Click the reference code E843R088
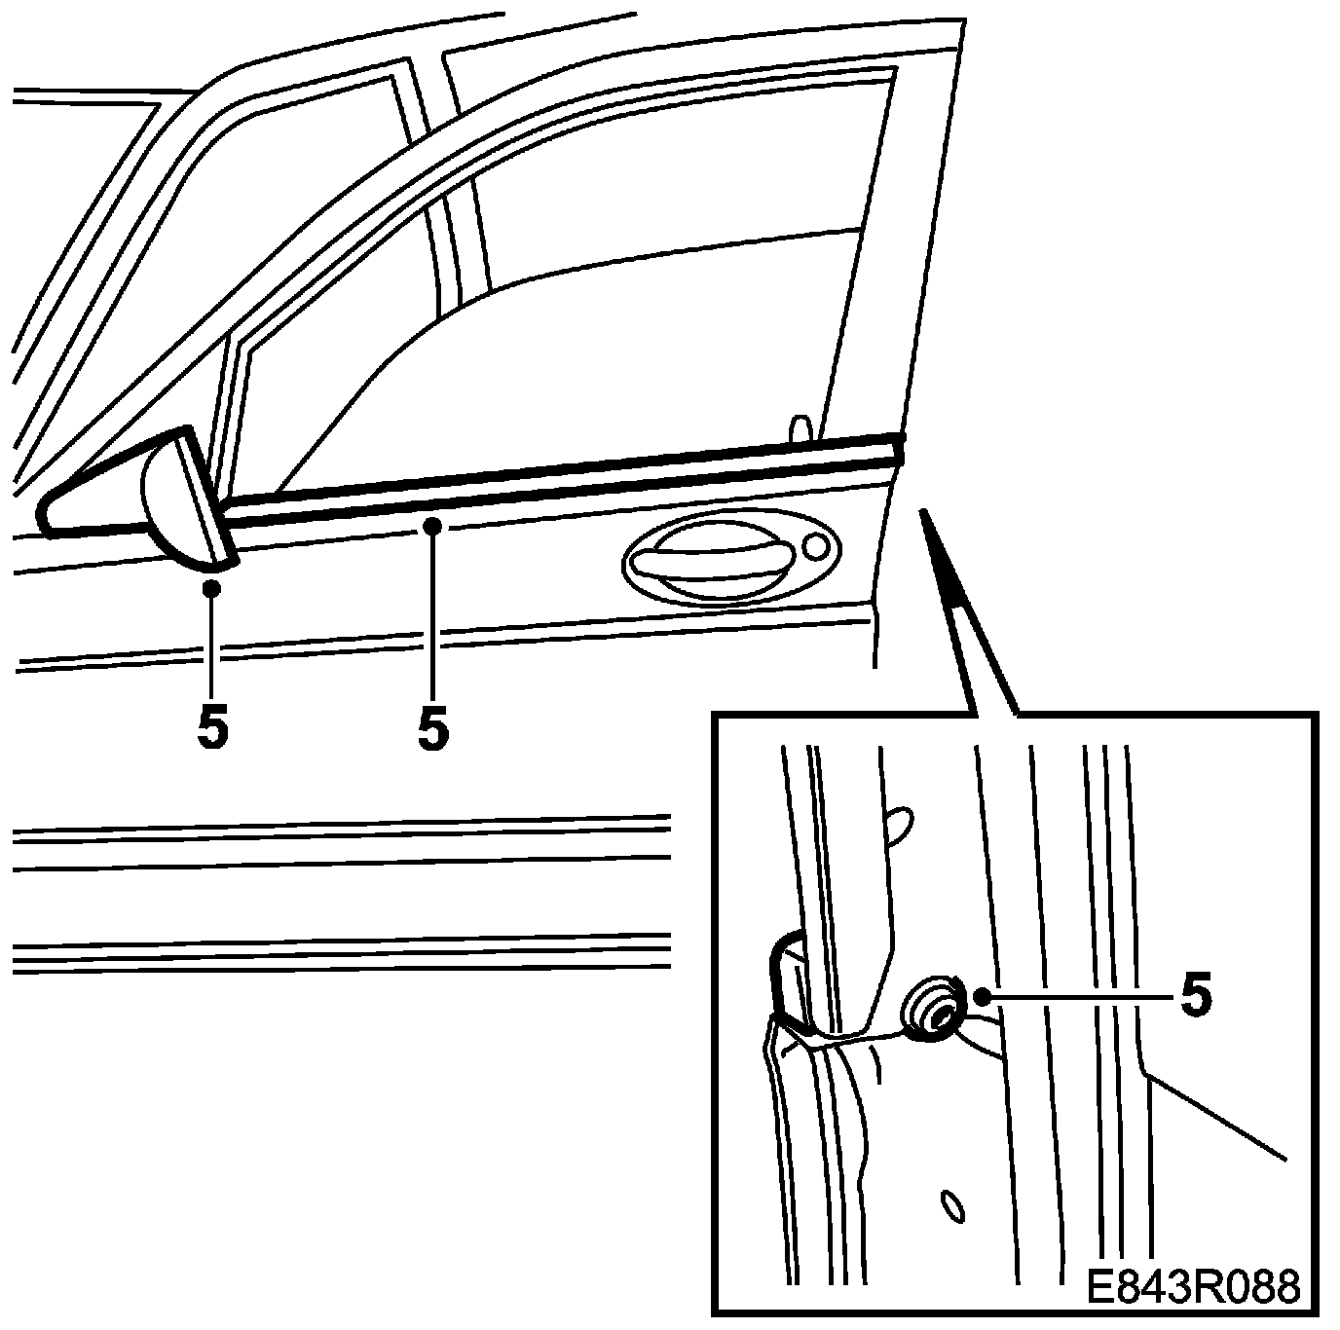(x=1192, y=1287)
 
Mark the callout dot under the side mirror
(x=212, y=588)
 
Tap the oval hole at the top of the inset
(x=901, y=823)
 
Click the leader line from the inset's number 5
(x=1081, y=995)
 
